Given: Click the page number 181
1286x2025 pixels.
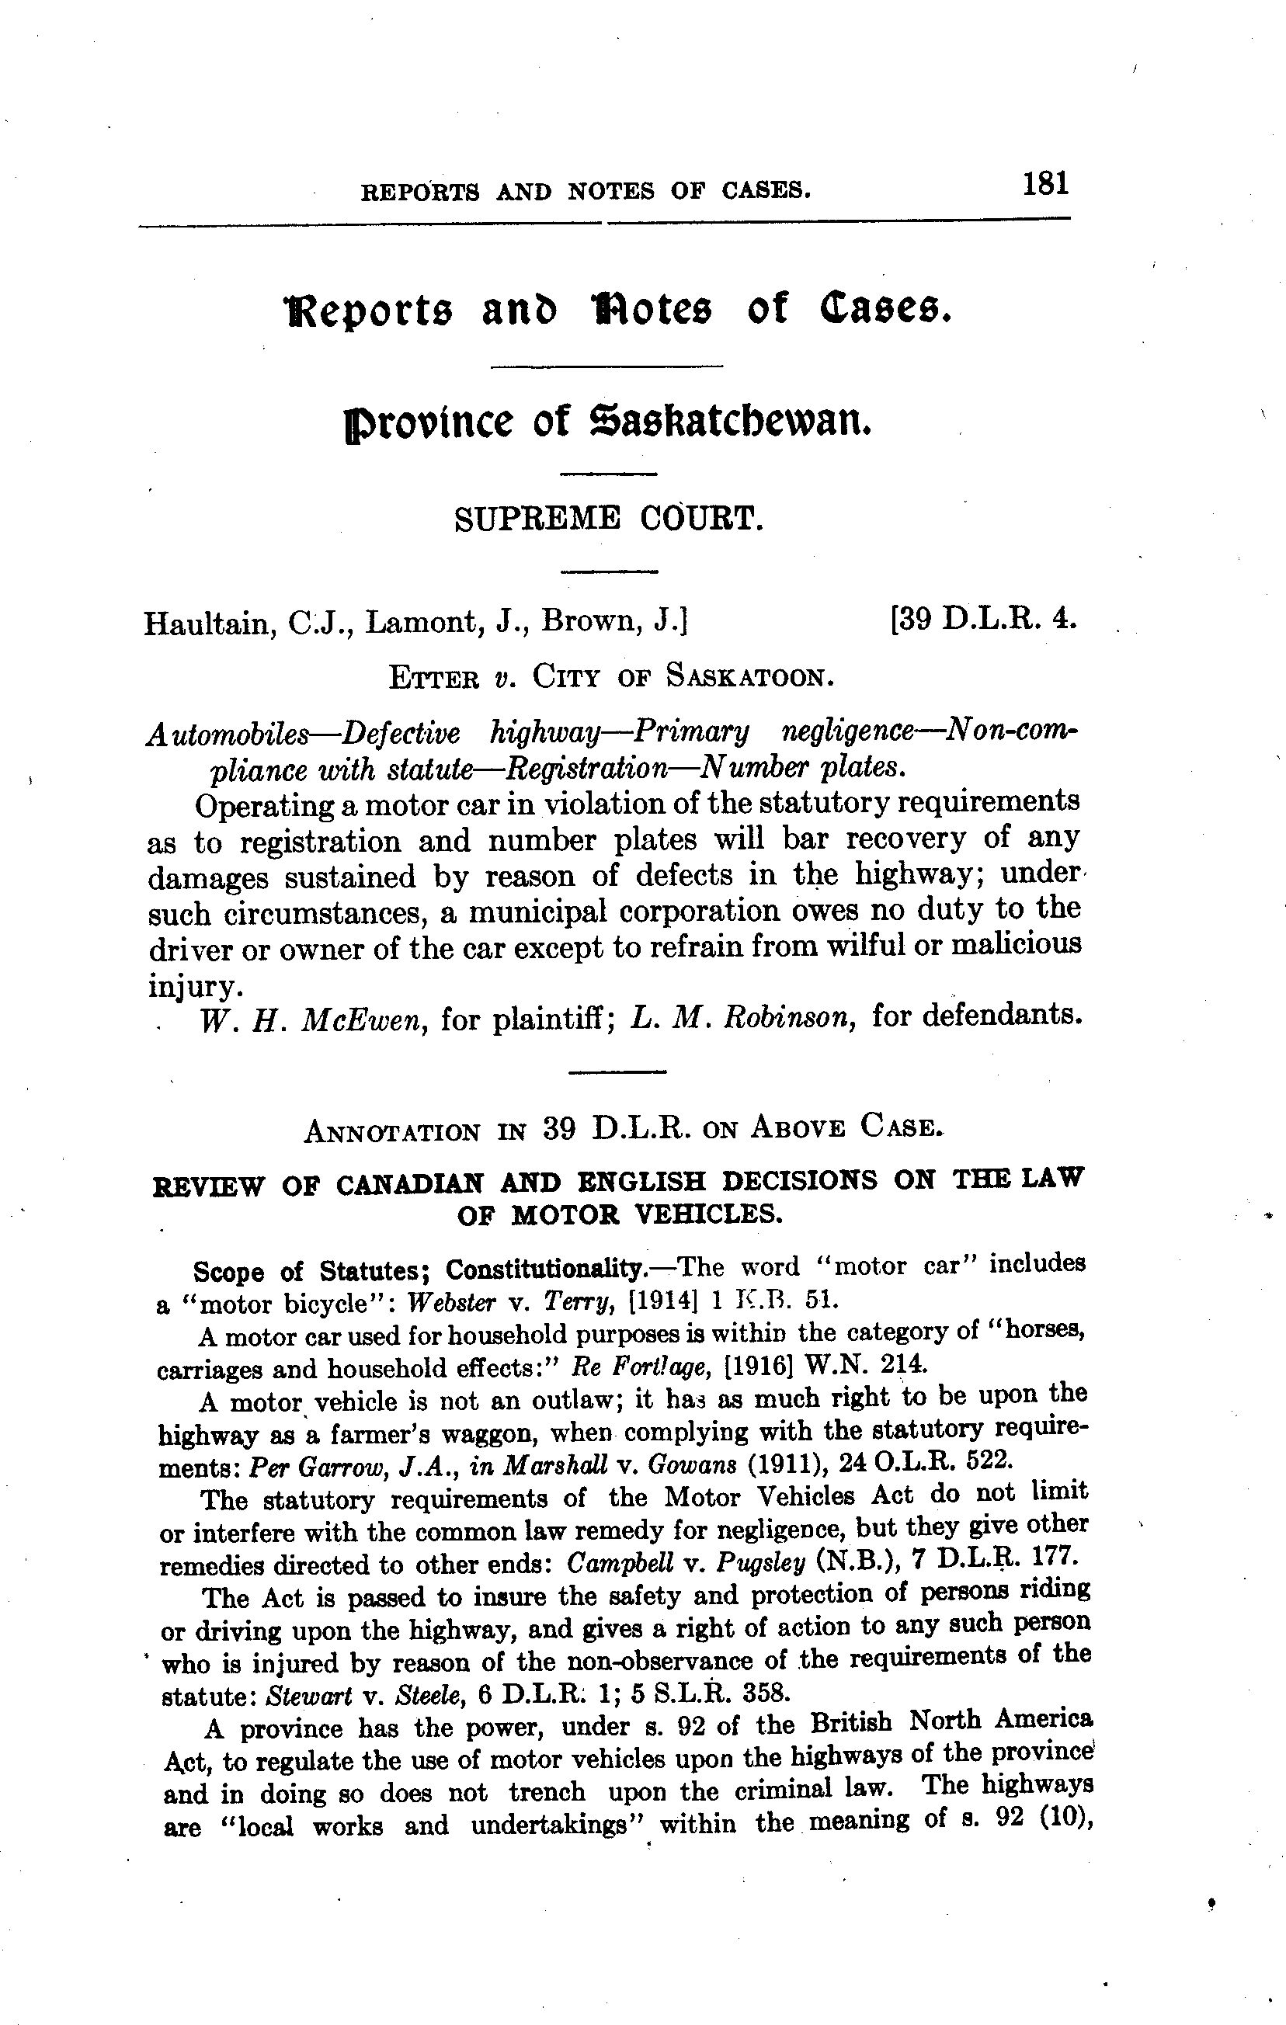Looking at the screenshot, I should [1045, 183].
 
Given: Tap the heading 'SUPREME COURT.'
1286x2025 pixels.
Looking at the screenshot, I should [609, 519].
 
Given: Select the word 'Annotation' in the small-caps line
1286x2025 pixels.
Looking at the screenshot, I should [391, 1133].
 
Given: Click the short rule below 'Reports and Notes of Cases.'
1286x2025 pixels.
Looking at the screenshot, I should [607, 366].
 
